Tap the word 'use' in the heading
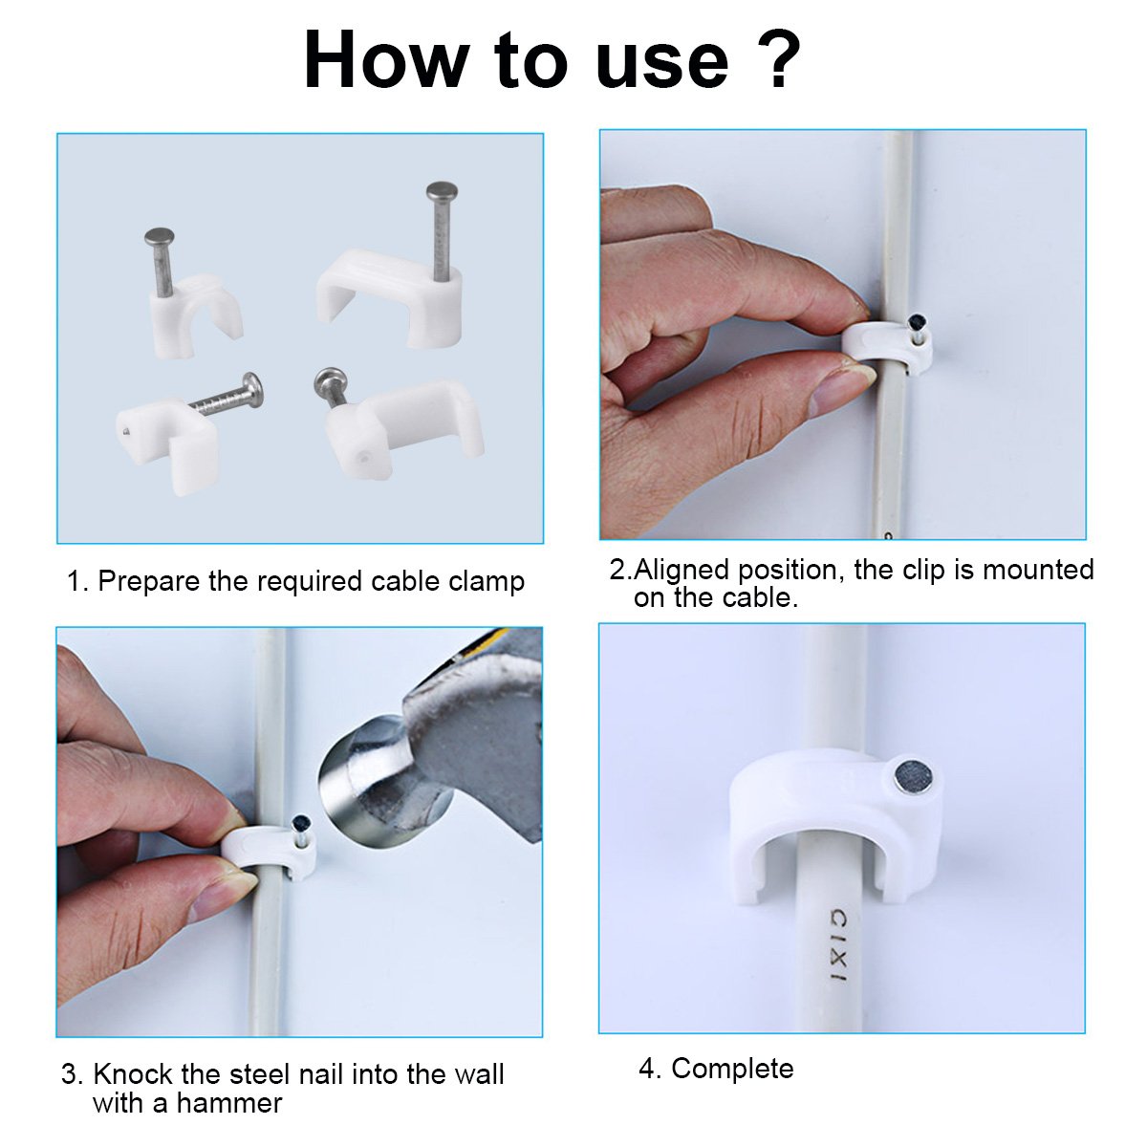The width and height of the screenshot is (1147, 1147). point(661,67)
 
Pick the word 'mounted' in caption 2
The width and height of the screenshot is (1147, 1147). point(1038,570)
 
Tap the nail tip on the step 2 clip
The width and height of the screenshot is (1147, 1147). point(915,324)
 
